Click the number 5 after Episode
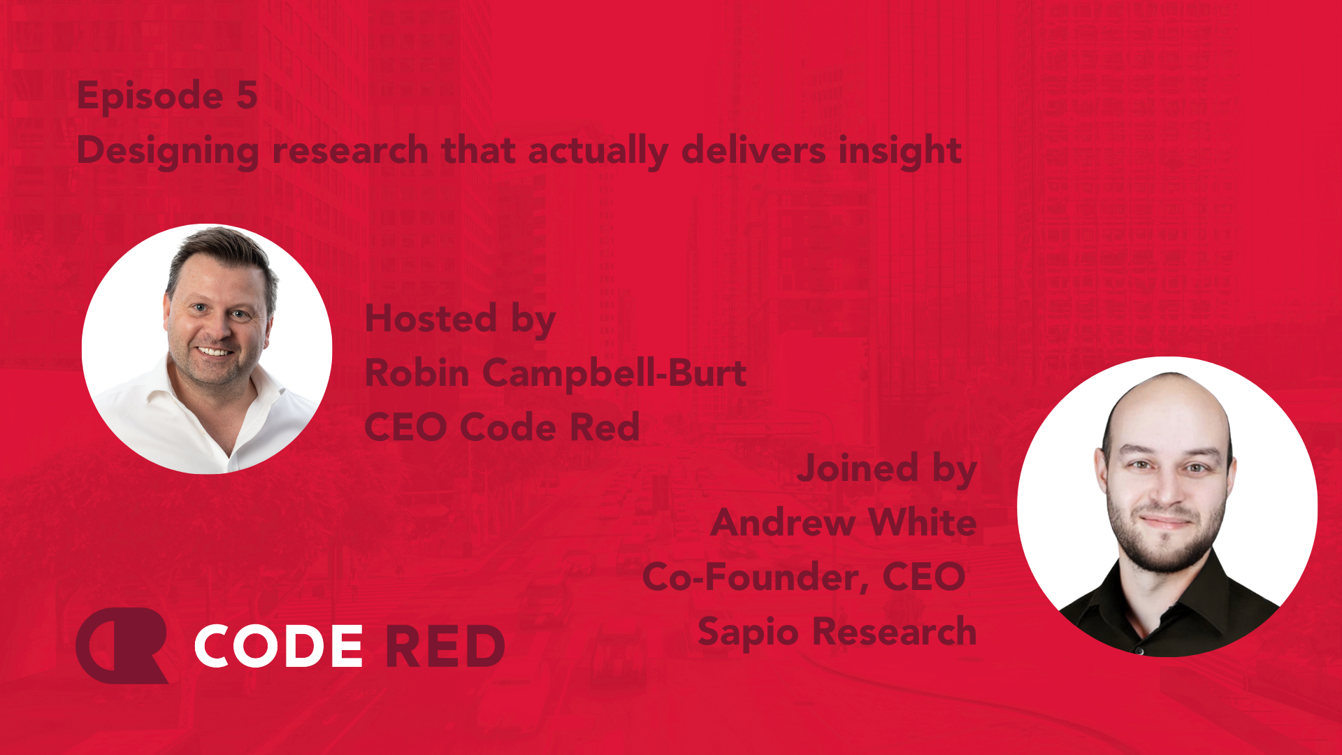[x=247, y=95]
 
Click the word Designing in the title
[x=168, y=152]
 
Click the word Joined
[x=858, y=468]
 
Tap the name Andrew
[x=783, y=522]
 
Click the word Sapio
[x=748, y=633]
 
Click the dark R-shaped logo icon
[x=122, y=645]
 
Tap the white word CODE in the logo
[x=278, y=645]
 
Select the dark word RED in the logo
[x=445, y=646]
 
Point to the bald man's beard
[x=1164, y=542]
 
